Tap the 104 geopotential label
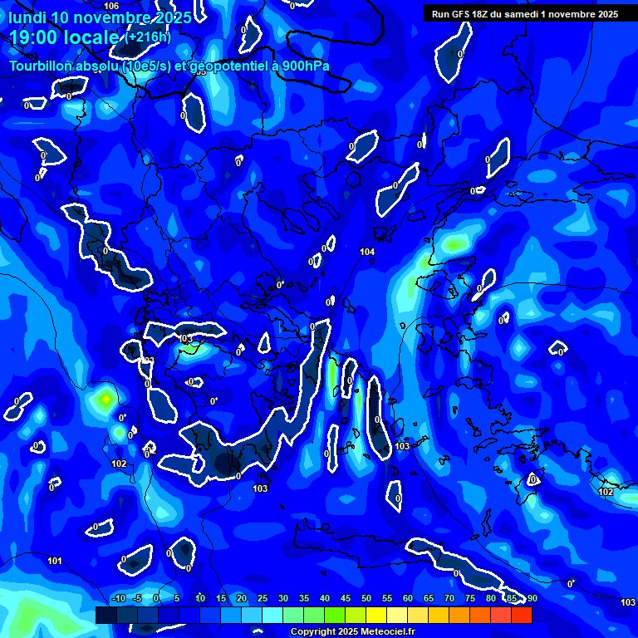[367, 251]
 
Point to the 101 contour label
[54, 561]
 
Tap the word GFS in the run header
[464, 14]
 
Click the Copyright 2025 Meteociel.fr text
[352, 632]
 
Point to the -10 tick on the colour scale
[117, 598]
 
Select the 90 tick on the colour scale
[532, 598]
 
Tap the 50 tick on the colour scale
[366, 598]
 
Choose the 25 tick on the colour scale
[262, 598]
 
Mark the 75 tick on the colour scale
[469, 598]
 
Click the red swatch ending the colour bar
[521, 615]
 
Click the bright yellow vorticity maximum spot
[105, 400]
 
